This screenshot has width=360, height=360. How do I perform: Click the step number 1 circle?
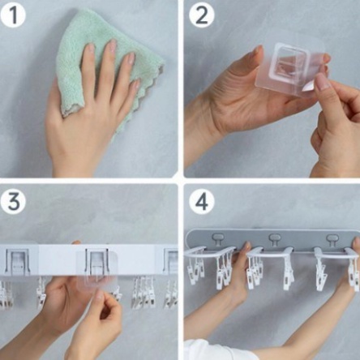(x=13, y=15)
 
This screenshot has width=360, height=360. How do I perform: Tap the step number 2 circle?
(x=202, y=15)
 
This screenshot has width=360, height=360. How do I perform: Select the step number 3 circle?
(x=13, y=202)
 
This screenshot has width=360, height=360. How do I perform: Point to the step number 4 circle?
(x=202, y=202)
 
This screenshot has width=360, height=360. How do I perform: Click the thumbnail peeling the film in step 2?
(x=323, y=81)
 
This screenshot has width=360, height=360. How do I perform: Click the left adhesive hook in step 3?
(x=17, y=262)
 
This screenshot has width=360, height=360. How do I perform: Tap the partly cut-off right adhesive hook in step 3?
(x=170, y=261)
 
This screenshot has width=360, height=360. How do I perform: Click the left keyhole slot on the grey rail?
(x=217, y=239)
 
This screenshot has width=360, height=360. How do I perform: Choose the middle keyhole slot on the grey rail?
(x=275, y=239)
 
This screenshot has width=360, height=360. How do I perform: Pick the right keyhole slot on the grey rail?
(x=332, y=239)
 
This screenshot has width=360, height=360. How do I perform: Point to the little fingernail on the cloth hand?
(x=136, y=84)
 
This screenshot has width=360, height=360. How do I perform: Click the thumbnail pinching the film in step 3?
(x=99, y=295)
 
